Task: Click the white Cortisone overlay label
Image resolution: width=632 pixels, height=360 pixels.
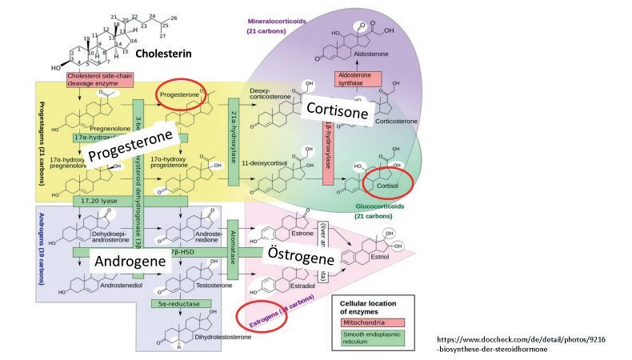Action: coord(337,112)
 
